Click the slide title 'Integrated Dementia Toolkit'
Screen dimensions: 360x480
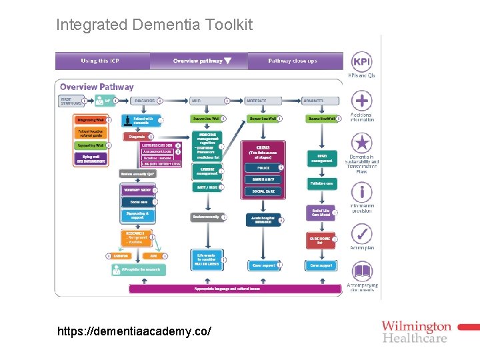[154, 25]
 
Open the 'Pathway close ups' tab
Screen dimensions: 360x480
[292, 61]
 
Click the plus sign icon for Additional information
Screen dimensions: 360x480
[361, 101]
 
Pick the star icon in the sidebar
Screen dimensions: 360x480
[361, 143]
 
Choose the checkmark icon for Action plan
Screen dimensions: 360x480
[361, 234]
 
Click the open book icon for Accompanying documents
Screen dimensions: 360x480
[361, 272]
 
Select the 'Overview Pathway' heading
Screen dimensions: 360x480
[97, 87]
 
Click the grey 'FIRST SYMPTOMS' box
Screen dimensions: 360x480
[71, 101]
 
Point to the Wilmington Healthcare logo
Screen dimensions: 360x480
[417, 331]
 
